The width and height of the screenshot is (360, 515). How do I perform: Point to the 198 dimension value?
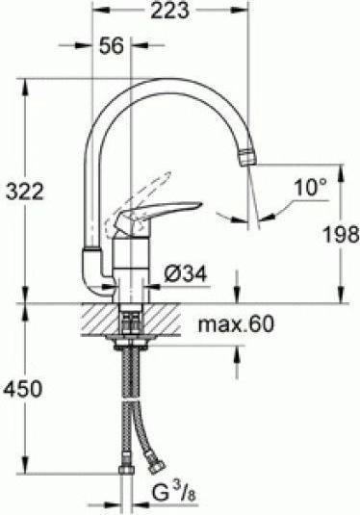(x=340, y=233)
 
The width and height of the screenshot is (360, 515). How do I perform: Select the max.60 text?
(x=236, y=324)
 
